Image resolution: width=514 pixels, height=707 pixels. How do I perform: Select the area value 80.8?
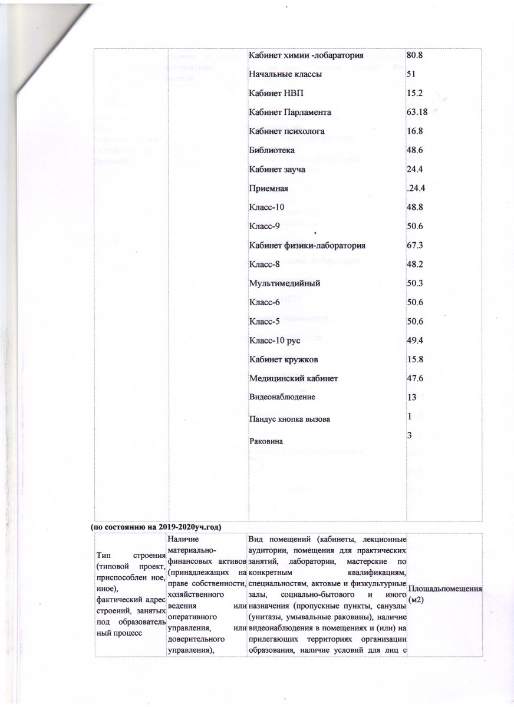click(x=416, y=55)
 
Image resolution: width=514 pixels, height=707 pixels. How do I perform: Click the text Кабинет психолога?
click(x=287, y=131)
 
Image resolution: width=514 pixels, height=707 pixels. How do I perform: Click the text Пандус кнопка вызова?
click(x=290, y=419)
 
